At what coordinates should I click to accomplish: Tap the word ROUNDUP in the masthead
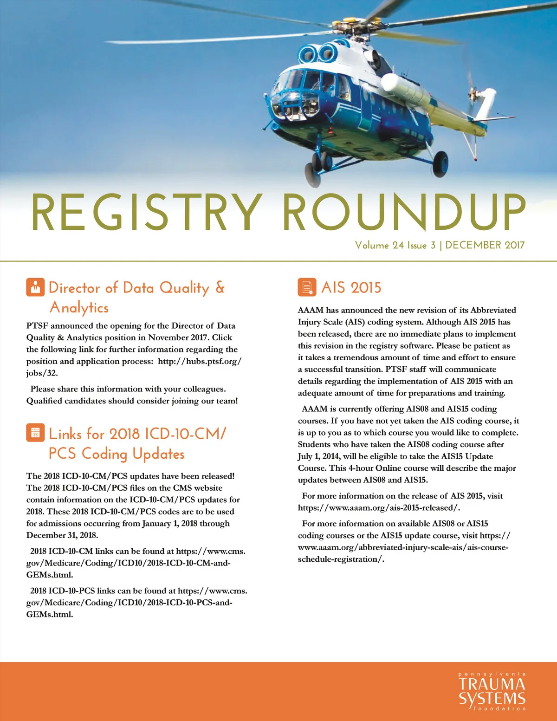(404, 212)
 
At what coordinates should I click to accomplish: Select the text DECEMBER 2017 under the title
(485, 245)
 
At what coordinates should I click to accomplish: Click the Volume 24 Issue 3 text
(395, 245)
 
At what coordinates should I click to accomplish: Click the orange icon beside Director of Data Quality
(35, 287)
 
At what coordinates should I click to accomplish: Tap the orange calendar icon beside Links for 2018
(35, 433)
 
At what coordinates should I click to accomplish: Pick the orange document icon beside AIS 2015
(307, 287)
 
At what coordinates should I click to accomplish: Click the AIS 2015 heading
(351, 288)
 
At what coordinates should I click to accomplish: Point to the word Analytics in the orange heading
(79, 308)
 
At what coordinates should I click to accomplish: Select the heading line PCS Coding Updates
(117, 454)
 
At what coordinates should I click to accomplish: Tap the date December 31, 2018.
(62, 535)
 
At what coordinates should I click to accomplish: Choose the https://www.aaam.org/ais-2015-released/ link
(379, 508)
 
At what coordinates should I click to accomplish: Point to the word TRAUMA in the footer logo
(492, 684)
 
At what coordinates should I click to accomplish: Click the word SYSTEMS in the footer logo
(492, 698)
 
